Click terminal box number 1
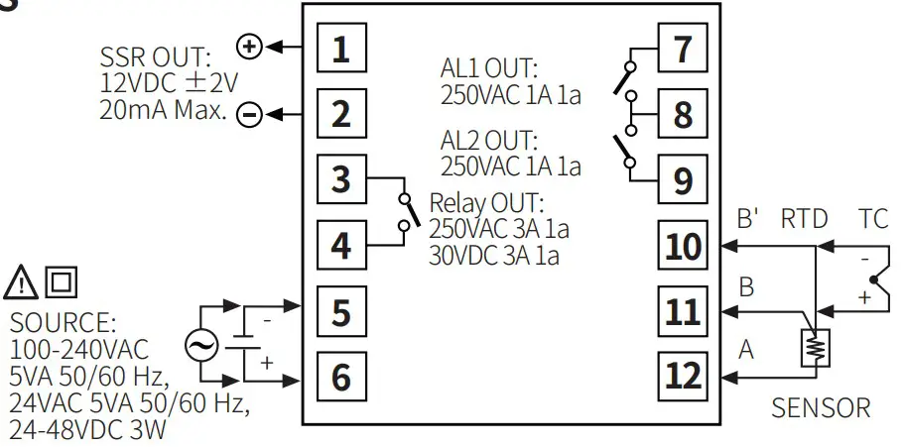pyautogui.click(x=340, y=49)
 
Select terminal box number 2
pyautogui.click(x=340, y=113)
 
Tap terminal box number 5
pyautogui.click(x=340, y=311)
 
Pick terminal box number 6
pyautogui.click(x=340, y=377)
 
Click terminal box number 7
pyautogui.click(x=683, y=49)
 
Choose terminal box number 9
pyautogui.click(x=683, y=179)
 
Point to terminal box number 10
pyautogui.click(x=683, y=246)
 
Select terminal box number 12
pyautogui.click(x=683, y=376)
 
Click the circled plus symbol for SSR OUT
pyautogui.click(x=249, y=46)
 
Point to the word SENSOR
pyautogui.click(x=821, y=408)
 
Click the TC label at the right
pyautogui.click(x=869, y=218)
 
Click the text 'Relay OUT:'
pyautogui.click(x=486, y=204)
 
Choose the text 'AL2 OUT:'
pyautogui.click(x=488, y=140)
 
